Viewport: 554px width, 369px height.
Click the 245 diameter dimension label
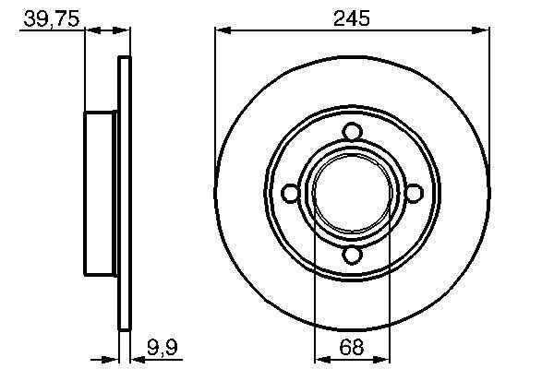point(352,18)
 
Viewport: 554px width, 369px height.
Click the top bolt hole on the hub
point(352,131)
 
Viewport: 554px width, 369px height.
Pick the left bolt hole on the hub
point(290,192)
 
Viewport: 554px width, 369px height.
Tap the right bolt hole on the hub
point(414,192)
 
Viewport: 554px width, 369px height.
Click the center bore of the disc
point(352,192)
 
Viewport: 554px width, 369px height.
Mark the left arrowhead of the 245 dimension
point(222,31)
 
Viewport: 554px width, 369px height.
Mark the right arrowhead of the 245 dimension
point(483,31)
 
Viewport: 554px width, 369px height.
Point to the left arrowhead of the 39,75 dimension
point(91,31)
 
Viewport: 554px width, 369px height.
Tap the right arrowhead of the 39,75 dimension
point(124,31)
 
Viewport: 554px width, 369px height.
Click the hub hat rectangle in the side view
point(102,192)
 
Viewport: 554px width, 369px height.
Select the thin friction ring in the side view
point(124,192)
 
